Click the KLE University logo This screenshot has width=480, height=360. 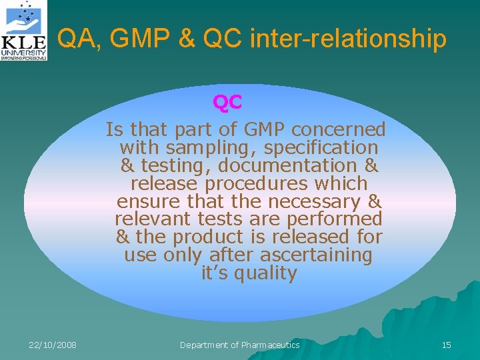pyautogui.click(x=24, y=31)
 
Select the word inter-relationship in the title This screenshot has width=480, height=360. pyautogui.click(x=347, y=39)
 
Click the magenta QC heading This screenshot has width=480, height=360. pyautogui.click(x=227, y=103)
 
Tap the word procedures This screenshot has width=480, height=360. pyautogui.click(x=245, y=183)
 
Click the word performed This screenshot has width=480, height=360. pyautogui.click(x=337, y=219)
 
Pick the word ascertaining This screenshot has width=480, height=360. pyautogui.click(x=316, y=255)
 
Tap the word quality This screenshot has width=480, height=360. pyautogui.click(x=263, y=273)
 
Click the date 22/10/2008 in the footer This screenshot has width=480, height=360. pyautogui.click(x=53, y=345)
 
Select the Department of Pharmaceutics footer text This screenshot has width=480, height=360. pyautogui.click(x=240, y=345)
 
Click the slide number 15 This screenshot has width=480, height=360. pyautogui.click(x=446, y=345)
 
